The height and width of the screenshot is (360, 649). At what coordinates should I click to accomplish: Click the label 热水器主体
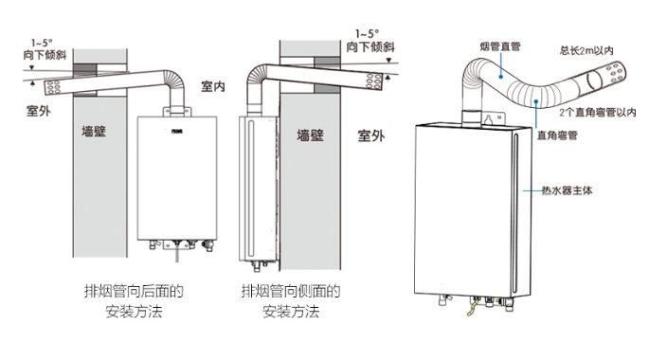(568, 189)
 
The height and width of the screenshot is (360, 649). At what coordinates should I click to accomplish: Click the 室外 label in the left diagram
(39, 110)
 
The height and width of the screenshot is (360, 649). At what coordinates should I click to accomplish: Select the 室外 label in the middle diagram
(370, 135)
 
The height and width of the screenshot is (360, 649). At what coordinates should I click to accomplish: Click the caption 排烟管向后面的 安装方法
(133, 300)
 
